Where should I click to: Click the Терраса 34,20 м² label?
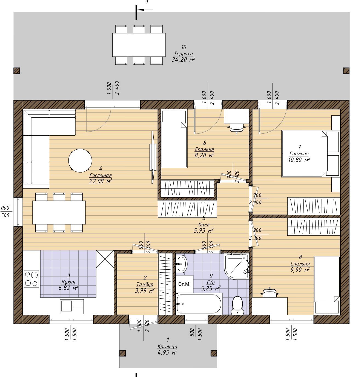click(x=183, y=56)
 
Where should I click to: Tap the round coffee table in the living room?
click(x=80, y=160)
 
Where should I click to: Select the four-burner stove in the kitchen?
click(x=31, y=279)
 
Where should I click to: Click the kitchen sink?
click(x=72, y=307)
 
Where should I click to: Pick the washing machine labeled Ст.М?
click(x=184, y=284)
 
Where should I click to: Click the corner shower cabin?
click(x=236, y=266)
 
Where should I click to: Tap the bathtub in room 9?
click(x=199, y=304)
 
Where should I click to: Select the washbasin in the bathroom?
click(x=181, y=264)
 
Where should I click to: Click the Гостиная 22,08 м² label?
click(x=101, y=178)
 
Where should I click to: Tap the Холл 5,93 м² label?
click(x=204, y=227)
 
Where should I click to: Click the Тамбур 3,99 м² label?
click(x=145, y=287)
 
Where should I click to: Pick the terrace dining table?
click(x=139, y=45)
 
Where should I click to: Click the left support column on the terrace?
click(x=17, y=71)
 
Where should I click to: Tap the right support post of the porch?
click(x=214, y=353)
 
